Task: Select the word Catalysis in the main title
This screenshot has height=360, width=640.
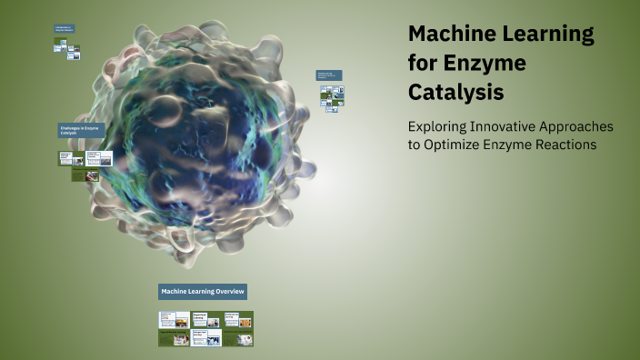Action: coord(456,93)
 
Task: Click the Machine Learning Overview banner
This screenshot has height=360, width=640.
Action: coord(204,291)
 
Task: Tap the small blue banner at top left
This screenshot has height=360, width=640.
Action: coord(64,28)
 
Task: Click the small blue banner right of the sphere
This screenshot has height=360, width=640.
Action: coord(329,75)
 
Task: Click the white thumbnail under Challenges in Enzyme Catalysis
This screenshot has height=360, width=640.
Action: coord(99,158)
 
